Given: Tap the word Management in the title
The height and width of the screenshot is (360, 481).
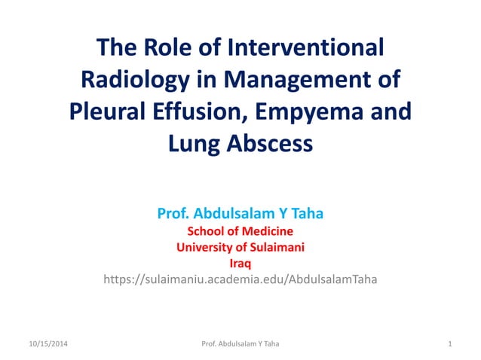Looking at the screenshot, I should point(305,80).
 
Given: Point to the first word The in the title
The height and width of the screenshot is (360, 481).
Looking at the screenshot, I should point(116,48).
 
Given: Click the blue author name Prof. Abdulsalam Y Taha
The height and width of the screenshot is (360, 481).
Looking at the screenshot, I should point(240,213).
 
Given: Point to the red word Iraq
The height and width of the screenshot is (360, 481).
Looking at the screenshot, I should point(240,264).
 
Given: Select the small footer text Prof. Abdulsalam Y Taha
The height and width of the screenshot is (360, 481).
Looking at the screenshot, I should point(240,344).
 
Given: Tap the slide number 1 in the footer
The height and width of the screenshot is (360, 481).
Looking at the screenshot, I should point(449,344).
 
